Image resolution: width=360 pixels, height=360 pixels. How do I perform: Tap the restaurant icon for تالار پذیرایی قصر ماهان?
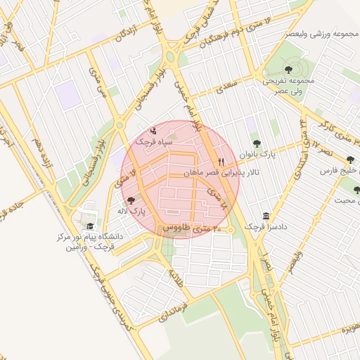click(222, 161)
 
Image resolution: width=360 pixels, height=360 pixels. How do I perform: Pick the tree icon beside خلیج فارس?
click(350, 160)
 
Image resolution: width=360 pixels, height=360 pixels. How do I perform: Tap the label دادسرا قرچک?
click(265, 226)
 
